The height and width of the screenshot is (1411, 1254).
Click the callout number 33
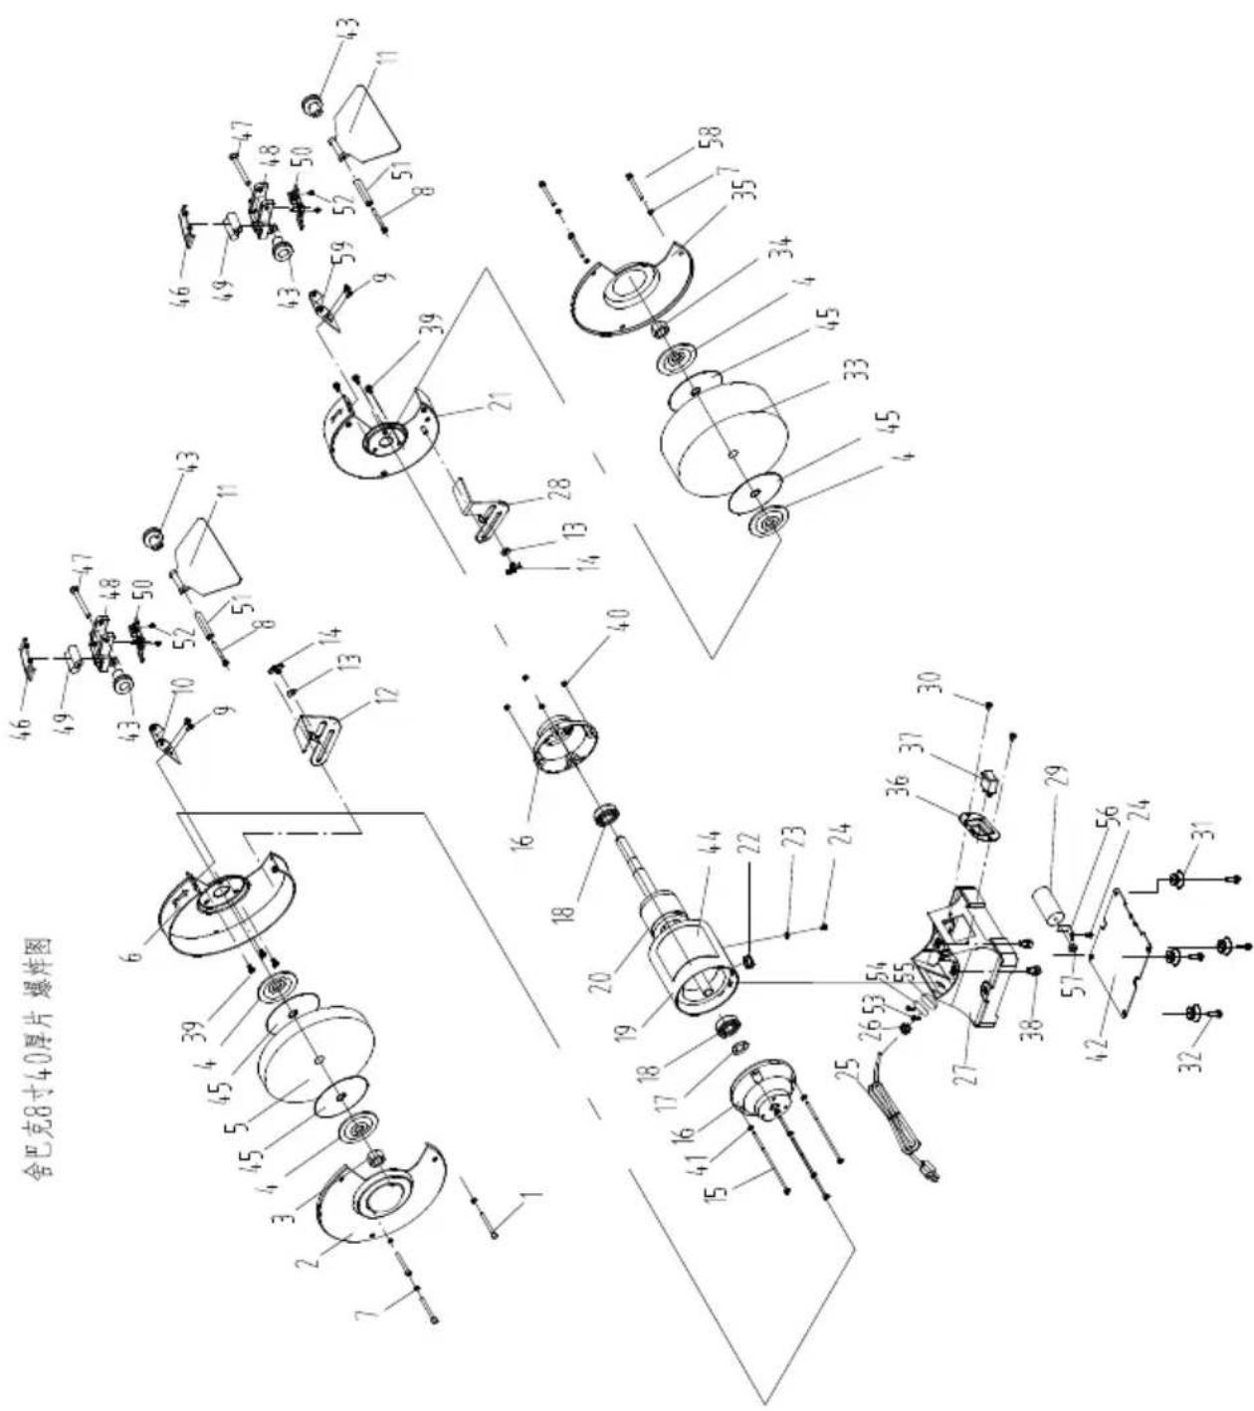[x=860, y=369]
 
